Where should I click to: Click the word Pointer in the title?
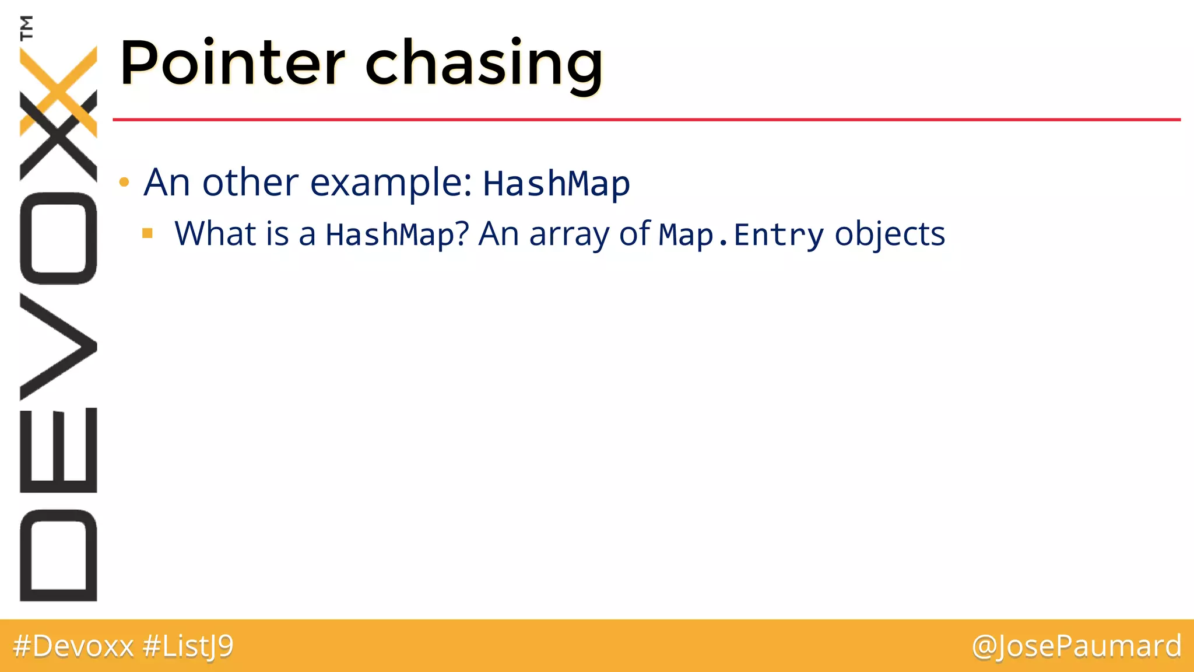pyautogui.click(x=232, y=63)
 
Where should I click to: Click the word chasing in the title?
pyautogui.click(x=484, y=64)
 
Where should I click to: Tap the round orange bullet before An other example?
pyautogui.click(x=124, y=183)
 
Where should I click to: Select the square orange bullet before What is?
pyautogui.click(x=148, y=234)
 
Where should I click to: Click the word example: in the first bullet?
pyautogui.click(x=391, y=183)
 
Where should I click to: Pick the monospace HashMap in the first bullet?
pyautogui.click(x=556, y=184)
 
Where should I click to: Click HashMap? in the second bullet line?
pyautogui.click(x=397, y=235)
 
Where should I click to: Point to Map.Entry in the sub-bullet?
pyautogui.click(x=741, y=235)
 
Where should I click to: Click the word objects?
pyautogui.click(x=890, y=234)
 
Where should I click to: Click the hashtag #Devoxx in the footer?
pyautogui.click(x=73, y=646)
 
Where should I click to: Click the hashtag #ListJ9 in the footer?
pyautogui.click(x=188, y=646)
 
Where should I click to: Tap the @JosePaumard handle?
pyautogui.click(x=1076, y=646)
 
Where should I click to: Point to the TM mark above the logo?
pyautogui.click(x=26, y=27)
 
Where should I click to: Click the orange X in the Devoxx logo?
pyautogui.click(x=58, y=90)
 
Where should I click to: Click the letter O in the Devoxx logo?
pyautogui.click(x=58, y=238)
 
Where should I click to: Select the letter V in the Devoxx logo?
pyautogui.click(x=58, y=346)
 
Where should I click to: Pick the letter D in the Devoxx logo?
pyautogui.click(x=58, y=555)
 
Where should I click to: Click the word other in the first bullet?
pyautogui.click(x=250, y=183)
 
